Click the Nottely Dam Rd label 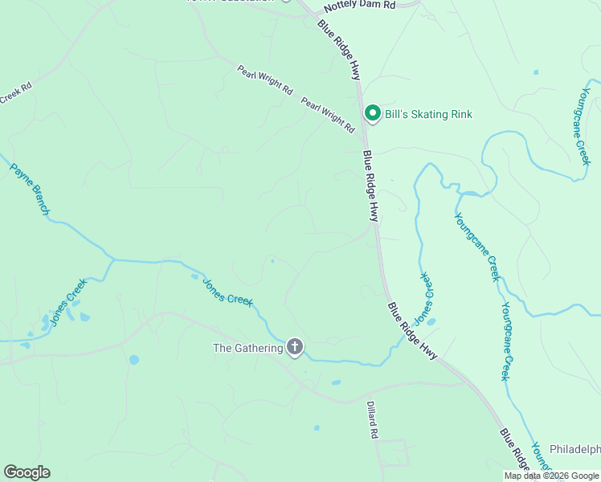click(x=360, y=6)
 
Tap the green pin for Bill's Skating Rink click(x=372, y=114)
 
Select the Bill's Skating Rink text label click(x=428, y=115)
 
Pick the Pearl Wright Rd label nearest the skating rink click(x=328, y=115)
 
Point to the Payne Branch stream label click(x=31, y=190)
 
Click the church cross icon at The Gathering click(x=295, y=347)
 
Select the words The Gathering click(x=247, y=348)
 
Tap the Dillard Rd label click(x=373, y=419)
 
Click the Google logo click(x=27, y=472)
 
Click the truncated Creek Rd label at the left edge click(x=15, y=94)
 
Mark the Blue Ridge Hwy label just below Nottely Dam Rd click(x=338, y=50)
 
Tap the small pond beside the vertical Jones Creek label click(x=431, y=322)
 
